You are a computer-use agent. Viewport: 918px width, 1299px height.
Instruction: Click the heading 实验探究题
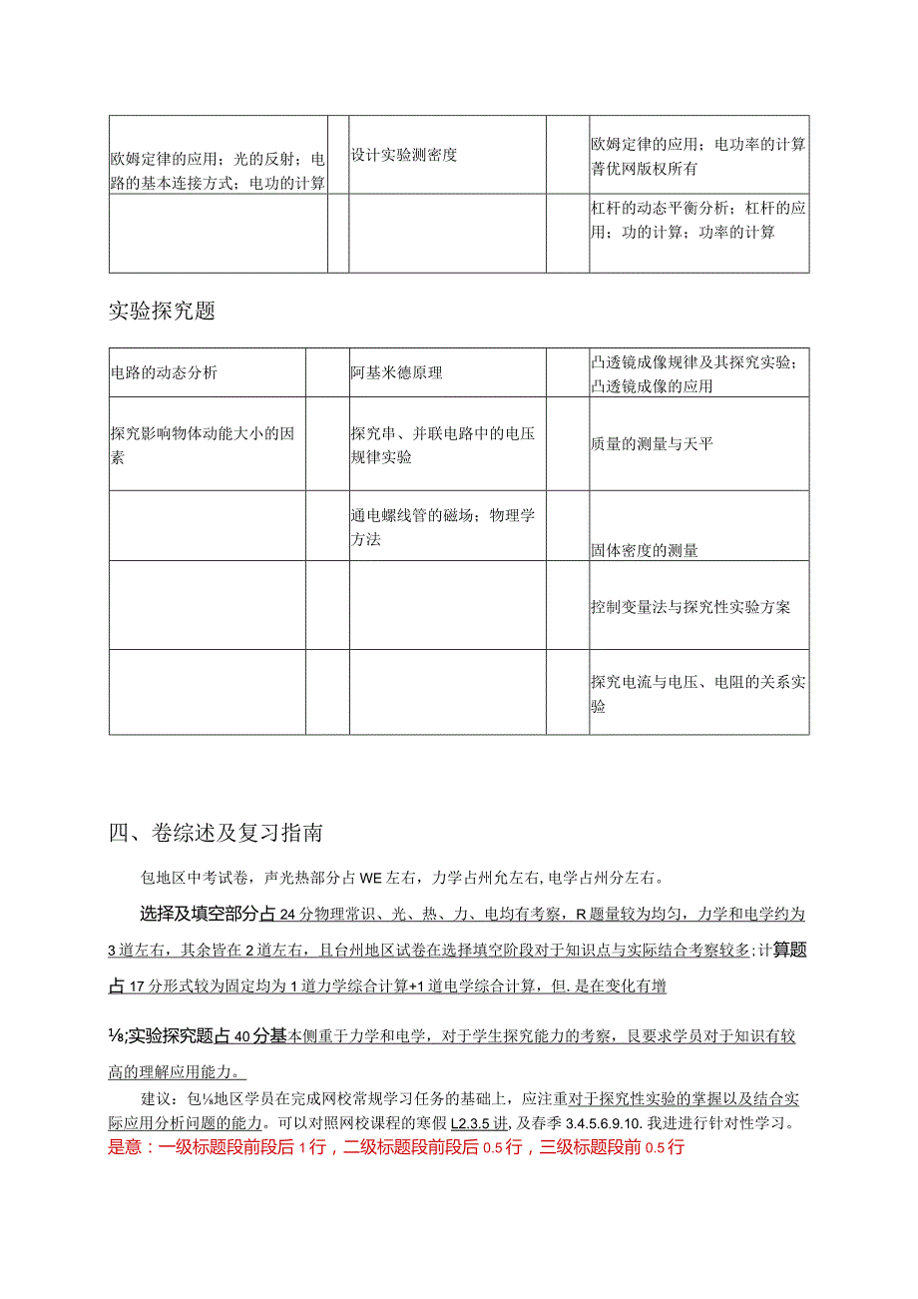[162, 311]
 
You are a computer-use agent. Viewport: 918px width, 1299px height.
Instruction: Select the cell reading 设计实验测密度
[404, 155]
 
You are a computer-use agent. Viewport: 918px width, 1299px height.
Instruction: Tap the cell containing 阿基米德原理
[396, 372]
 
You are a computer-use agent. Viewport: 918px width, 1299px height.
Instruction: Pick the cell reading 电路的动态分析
[164, 372]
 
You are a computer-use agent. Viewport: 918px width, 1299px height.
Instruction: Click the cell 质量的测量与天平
[652, 443]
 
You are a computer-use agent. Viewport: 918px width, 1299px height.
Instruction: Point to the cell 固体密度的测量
[644, 550]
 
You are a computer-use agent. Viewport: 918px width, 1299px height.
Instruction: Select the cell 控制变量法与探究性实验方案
[689, 606]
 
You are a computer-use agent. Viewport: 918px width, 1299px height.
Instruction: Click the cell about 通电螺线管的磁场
[443, 527]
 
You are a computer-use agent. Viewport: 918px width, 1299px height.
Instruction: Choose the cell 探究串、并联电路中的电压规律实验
[443, 444]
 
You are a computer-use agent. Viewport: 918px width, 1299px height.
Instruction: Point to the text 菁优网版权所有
[644, 169]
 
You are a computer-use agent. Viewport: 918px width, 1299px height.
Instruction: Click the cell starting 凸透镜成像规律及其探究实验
[697, 372]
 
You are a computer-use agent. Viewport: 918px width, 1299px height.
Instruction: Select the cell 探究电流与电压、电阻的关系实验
[697, 693]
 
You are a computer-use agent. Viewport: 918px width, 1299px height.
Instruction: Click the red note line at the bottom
[395, 1146]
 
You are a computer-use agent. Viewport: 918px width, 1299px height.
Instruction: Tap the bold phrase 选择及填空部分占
[209, 913]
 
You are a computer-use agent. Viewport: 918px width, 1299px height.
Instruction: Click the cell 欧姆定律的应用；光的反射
[218, 170]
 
